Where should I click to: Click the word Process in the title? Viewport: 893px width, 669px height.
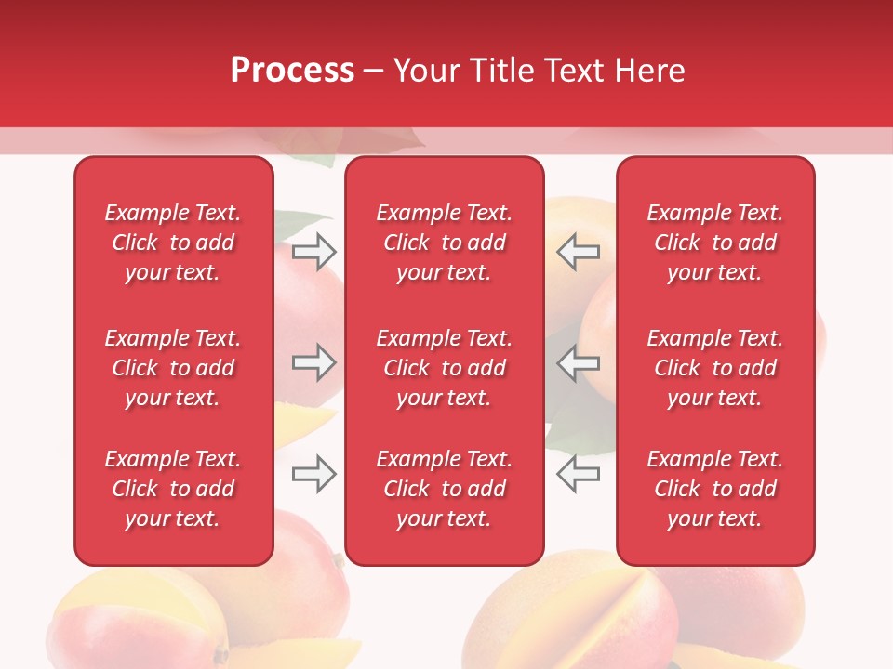pos(292,71)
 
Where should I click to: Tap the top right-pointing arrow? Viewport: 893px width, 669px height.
pos(313,251)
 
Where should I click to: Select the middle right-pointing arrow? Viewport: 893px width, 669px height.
pos(313,362)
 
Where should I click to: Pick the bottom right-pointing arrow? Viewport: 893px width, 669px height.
pos(313,474)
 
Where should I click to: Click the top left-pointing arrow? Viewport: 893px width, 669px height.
pos(578,251)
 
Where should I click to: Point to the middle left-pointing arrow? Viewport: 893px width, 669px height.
pos(578,362)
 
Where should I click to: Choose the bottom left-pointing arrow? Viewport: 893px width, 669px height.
pos(578,474)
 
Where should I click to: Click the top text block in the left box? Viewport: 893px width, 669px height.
pos(173,243)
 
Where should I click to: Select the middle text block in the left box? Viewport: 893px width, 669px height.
pos(173,368)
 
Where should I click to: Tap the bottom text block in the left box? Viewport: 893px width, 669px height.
pos(173,489)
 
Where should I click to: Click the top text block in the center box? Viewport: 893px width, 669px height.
pos(444,243)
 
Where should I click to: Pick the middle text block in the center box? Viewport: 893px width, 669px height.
pos(444,368)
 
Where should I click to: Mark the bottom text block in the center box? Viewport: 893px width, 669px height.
pos(444,489)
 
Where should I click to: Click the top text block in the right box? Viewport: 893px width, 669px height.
pos(714,243)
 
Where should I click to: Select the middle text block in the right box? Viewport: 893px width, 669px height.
pos(714,368)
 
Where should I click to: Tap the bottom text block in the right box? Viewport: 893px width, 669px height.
pos(714,489)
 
